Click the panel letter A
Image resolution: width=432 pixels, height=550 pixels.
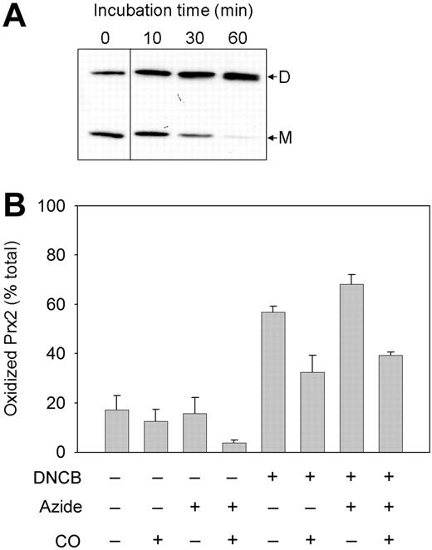(x=17, y=16)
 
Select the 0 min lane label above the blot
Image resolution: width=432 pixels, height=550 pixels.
(x=104, y=38)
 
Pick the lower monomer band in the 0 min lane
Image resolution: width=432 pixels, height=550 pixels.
(x=105, y=135)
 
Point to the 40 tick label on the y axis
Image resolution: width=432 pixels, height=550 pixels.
(x=77, y=354)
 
